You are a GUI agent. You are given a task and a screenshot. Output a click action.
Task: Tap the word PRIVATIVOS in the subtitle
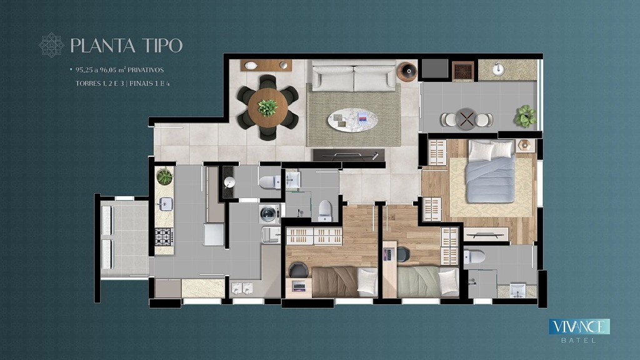[x=146, y=70]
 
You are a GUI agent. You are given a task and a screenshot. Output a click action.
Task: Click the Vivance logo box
[x=579, y=326]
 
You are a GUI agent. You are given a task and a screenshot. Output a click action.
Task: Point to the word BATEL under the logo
[x=578, y=340]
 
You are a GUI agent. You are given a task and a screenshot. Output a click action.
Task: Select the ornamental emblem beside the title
[x=51, y=45]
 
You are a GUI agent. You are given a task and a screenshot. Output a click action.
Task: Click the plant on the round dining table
[x=267, y=107]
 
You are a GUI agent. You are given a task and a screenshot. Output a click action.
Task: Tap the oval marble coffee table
[x=352, y=120]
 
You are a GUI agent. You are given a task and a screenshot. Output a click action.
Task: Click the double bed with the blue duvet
[x=490, y=171]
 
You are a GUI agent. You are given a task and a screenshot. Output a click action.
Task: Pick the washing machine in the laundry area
[x=269, y=214]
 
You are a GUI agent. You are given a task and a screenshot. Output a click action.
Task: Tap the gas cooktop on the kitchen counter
[x=164, y=237]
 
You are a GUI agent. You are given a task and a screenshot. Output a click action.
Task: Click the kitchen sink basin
[x=165, y=204]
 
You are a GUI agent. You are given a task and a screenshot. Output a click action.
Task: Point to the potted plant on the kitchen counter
[x=164, y=177]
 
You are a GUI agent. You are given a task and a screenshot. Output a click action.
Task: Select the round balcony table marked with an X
[x=466, y=119]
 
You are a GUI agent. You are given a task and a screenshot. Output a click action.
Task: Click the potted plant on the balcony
[x=525, y=116]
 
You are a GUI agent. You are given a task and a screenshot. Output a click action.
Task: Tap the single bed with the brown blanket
[x=345, y=282]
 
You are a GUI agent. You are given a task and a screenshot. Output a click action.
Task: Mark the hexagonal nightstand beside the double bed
[x=525, y=145]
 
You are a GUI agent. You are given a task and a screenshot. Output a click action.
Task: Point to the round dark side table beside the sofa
[x=407, y=72]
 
